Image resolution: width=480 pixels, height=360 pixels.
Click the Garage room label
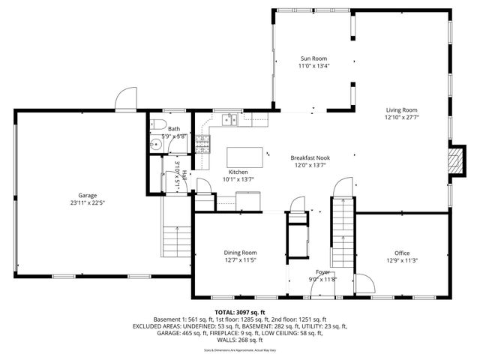click(88, 196)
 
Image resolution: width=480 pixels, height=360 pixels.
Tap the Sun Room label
click(313, 58)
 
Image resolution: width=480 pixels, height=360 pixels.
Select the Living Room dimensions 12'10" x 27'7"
click(401, 117)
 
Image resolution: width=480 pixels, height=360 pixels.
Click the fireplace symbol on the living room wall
click(454, 158)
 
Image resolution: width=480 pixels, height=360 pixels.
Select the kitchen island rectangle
click(246, 157)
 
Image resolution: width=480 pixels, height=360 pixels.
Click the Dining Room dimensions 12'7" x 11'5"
click(240, 260)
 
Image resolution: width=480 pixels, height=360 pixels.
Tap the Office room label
click(402, 253)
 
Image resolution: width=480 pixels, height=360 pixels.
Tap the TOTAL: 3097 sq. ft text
click(240, 312)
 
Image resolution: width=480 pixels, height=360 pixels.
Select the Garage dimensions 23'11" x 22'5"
click(88, 202)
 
